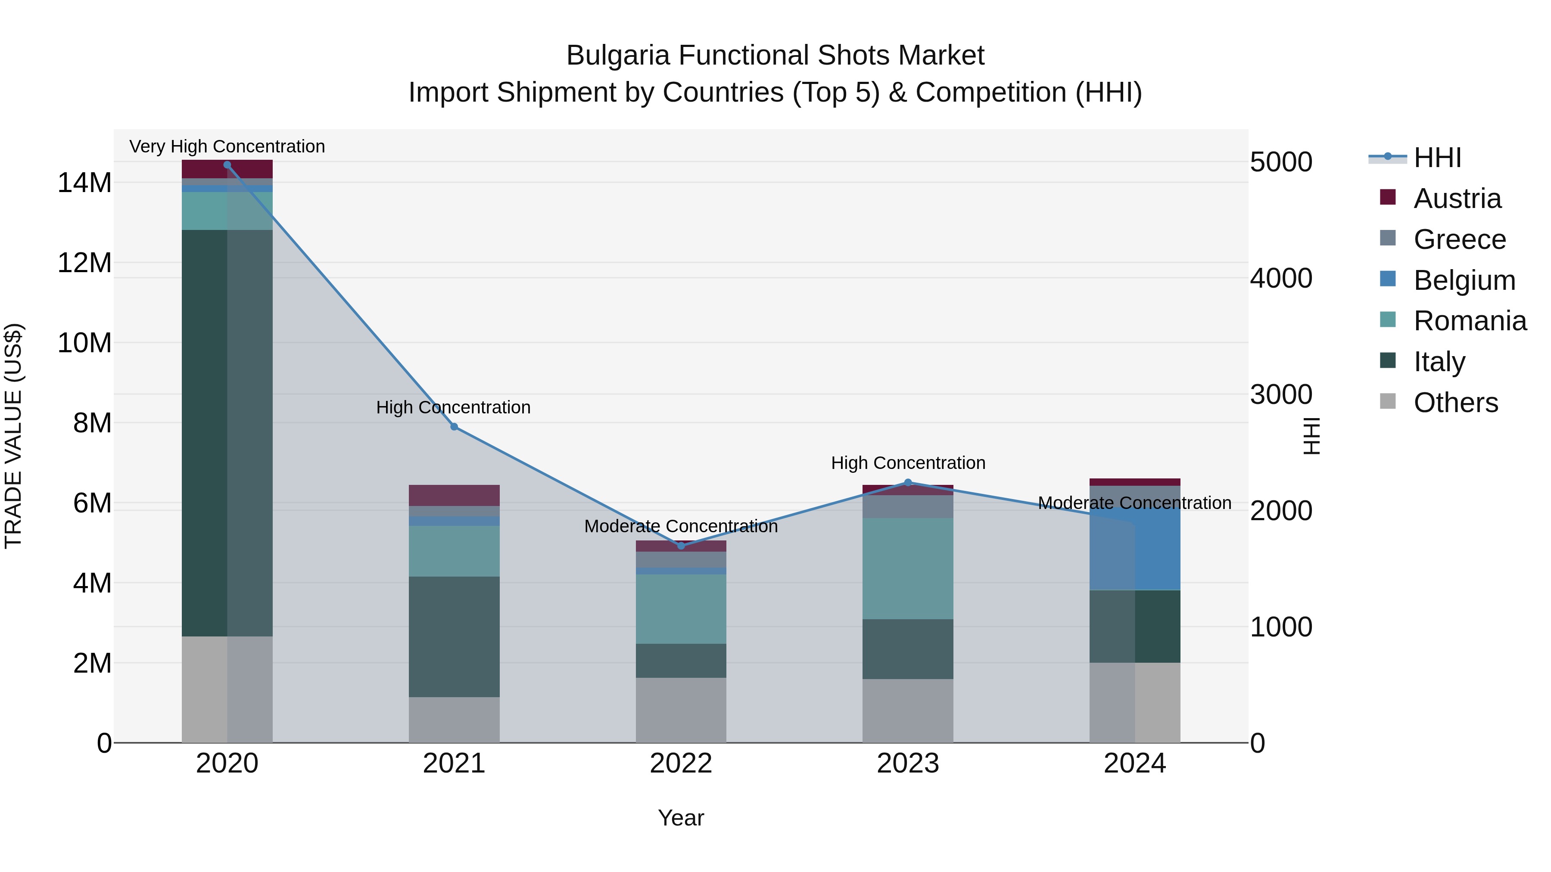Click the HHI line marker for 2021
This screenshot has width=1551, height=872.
[x=454, y=427]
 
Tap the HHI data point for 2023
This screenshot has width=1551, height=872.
[x=908, y=482]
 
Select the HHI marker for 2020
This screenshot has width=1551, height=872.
[x=227, y=165]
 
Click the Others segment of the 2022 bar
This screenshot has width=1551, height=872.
[x=681, y=710]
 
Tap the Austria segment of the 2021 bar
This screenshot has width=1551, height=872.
[x=454, y=495]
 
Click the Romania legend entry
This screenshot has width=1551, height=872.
[x=1469, y=321]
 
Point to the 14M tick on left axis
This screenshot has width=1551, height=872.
[x=84, y=182]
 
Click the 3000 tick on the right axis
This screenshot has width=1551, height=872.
[x=1281, y=395]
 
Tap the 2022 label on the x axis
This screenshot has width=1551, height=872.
[x=681, y=763]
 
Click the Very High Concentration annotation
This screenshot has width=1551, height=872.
[x=227, y=146]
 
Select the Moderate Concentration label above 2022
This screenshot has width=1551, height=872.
[x=681, y=526]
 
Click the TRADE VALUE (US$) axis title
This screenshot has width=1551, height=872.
[x=14, y=436]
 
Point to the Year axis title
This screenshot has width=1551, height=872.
[x=681, y=818]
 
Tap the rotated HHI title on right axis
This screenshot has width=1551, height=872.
[x=1311, y=436]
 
